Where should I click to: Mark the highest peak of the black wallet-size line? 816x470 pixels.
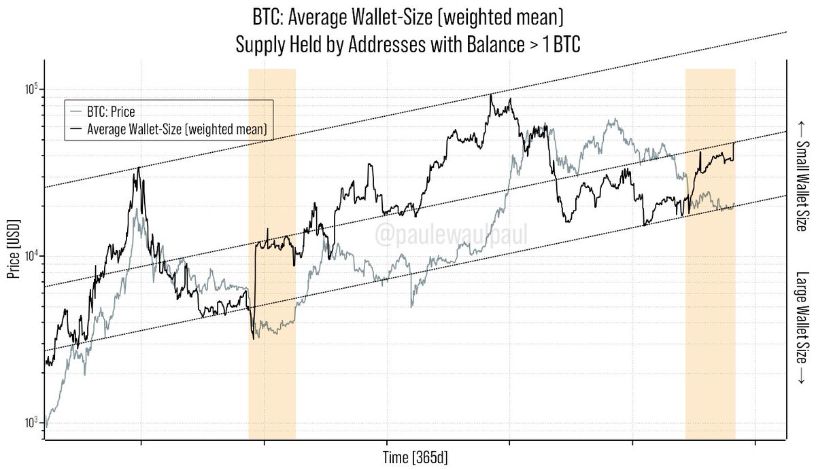pyautogui.click(x=491, y=94)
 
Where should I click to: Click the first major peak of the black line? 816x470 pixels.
pyautogui.click(x=139, y=168)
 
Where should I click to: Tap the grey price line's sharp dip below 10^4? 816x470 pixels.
pyautogui.click(x=411, y=307)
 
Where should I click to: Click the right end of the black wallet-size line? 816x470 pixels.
pyautogui.click(x=734, y=143)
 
